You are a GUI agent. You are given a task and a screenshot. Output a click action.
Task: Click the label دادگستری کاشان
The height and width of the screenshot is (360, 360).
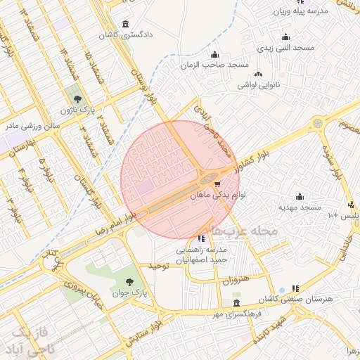[x=127, y=34]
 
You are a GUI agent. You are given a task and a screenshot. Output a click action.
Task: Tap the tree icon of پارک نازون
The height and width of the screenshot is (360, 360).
[x=77, y=98]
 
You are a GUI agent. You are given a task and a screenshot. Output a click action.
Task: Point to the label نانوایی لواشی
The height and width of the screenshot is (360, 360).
[x=259, y=85]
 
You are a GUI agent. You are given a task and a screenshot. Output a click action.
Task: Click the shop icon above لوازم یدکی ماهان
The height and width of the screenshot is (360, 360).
[x=206, y=184]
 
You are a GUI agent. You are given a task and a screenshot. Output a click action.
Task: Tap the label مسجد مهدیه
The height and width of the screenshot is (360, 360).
[x=299, y=207]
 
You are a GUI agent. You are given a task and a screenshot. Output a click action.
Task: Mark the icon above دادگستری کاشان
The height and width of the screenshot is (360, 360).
[x=126, y=23]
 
